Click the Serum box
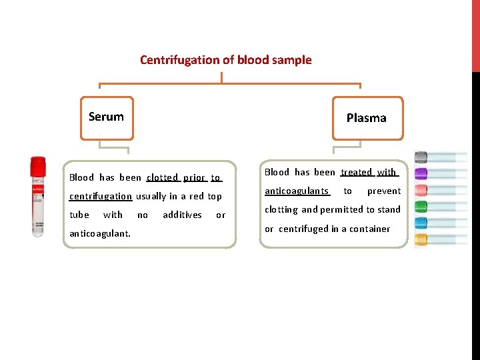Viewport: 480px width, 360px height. (x=107, y=117)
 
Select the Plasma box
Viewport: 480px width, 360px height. (x=367, y=119)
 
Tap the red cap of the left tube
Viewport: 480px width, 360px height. (x=38, y=165)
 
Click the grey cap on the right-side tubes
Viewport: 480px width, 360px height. (x=421, y=158)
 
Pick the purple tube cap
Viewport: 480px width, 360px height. (x=421, y=174)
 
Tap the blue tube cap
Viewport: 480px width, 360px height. (x=421, y=223)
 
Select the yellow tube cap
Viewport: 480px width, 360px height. (x=421, y=239)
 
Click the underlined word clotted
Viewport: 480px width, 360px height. (x=163, y=177)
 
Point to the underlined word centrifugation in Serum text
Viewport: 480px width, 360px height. (x=101, y=196)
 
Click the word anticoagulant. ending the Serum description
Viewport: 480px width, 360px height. (x=100, y=233)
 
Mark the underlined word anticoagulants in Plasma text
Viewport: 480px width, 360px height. (x=297, y=191)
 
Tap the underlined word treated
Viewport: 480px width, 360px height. (x=357, y=172)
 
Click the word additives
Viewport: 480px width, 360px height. (x=182, y=215)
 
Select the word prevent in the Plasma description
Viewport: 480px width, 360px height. (x=384, y=191)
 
